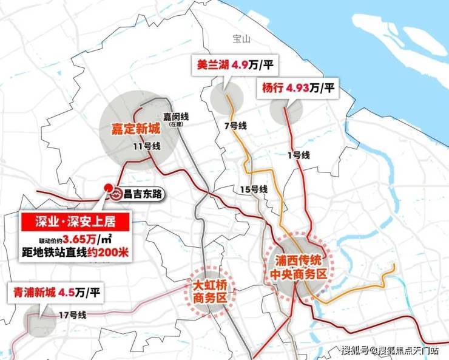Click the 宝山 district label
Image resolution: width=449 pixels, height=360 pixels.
click(x=241, y=39)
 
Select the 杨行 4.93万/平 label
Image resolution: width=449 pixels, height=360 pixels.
click(x=298, y=87)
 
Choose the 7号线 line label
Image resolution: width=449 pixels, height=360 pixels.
click(x=235, y=126)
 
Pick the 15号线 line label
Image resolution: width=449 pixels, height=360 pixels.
click(x=254, y=189)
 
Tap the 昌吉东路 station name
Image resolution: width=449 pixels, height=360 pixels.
click(x=144, y=195)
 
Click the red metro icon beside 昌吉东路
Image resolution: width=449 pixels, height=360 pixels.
click(x=118, y=195)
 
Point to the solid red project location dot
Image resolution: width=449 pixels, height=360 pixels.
click(x=107, y=188)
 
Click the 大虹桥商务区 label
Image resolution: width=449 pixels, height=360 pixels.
click(x=209, y=291)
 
